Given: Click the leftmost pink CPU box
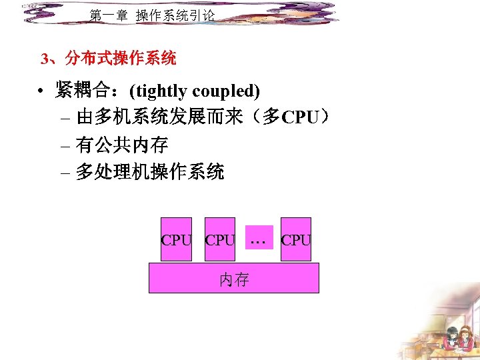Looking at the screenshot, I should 176,239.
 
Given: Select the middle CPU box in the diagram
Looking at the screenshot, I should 219,239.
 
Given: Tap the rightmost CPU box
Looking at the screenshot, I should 296,239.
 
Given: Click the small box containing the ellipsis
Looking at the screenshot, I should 259,237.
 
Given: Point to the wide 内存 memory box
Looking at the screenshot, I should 233,278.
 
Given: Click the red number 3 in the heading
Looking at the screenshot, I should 45,59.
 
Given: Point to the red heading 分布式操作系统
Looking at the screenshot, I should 121,59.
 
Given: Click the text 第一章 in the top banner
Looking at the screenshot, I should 108,15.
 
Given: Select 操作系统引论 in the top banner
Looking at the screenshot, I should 175,15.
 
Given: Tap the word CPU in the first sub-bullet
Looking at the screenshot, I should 300,119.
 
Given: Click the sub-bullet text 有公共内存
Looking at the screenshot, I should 121,145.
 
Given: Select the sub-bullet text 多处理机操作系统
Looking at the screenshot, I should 149,173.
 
